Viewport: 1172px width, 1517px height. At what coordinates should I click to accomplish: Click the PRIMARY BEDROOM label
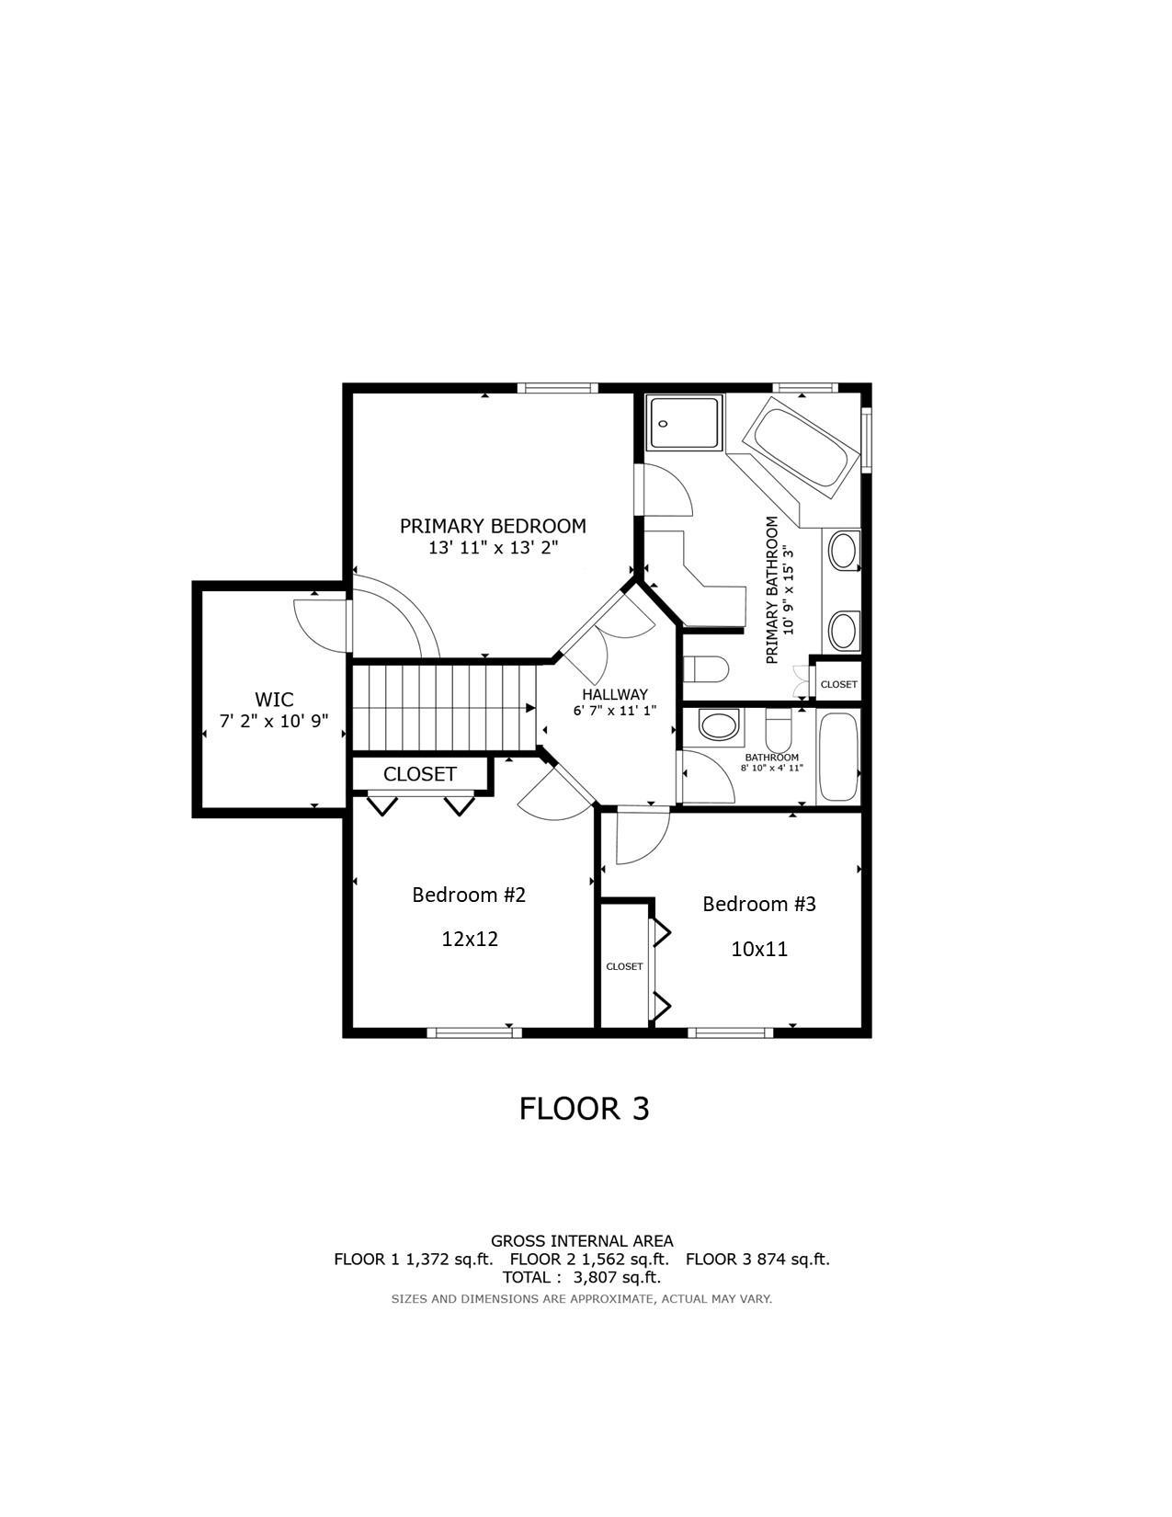(493, 526)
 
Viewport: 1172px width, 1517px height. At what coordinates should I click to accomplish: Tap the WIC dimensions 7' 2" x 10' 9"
(274, 721)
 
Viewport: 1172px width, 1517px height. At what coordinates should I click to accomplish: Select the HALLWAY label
(614, 694)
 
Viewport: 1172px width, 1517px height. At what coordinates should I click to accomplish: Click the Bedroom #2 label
(469, 895)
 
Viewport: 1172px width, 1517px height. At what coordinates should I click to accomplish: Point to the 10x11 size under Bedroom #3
(759, 949)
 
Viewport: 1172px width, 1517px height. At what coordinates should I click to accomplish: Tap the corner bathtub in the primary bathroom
(799, 448)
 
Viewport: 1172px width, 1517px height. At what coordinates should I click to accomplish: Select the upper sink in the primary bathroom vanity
(842, 552)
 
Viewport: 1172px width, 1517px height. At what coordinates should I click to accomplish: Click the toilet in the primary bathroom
(706, 668)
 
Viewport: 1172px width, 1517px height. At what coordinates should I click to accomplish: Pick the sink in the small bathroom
(718, 725)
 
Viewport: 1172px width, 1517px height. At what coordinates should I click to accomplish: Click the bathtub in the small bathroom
(837, 757)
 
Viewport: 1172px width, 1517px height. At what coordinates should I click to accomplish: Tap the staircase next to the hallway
(444, 708)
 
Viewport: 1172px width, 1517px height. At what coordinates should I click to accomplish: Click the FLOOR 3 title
(584, 1108)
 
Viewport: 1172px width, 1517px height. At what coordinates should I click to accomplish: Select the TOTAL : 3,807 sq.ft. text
(581, 1277)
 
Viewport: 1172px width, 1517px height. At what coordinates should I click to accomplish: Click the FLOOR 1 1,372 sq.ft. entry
(413, 1260)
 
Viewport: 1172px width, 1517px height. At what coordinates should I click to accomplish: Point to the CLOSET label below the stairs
(419, 774)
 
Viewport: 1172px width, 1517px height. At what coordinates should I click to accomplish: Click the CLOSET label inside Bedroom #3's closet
(624, 966)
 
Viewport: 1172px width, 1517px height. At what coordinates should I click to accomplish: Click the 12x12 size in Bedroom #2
(470, 939)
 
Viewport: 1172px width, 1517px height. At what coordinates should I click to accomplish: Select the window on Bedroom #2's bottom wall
(474, 1032)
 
